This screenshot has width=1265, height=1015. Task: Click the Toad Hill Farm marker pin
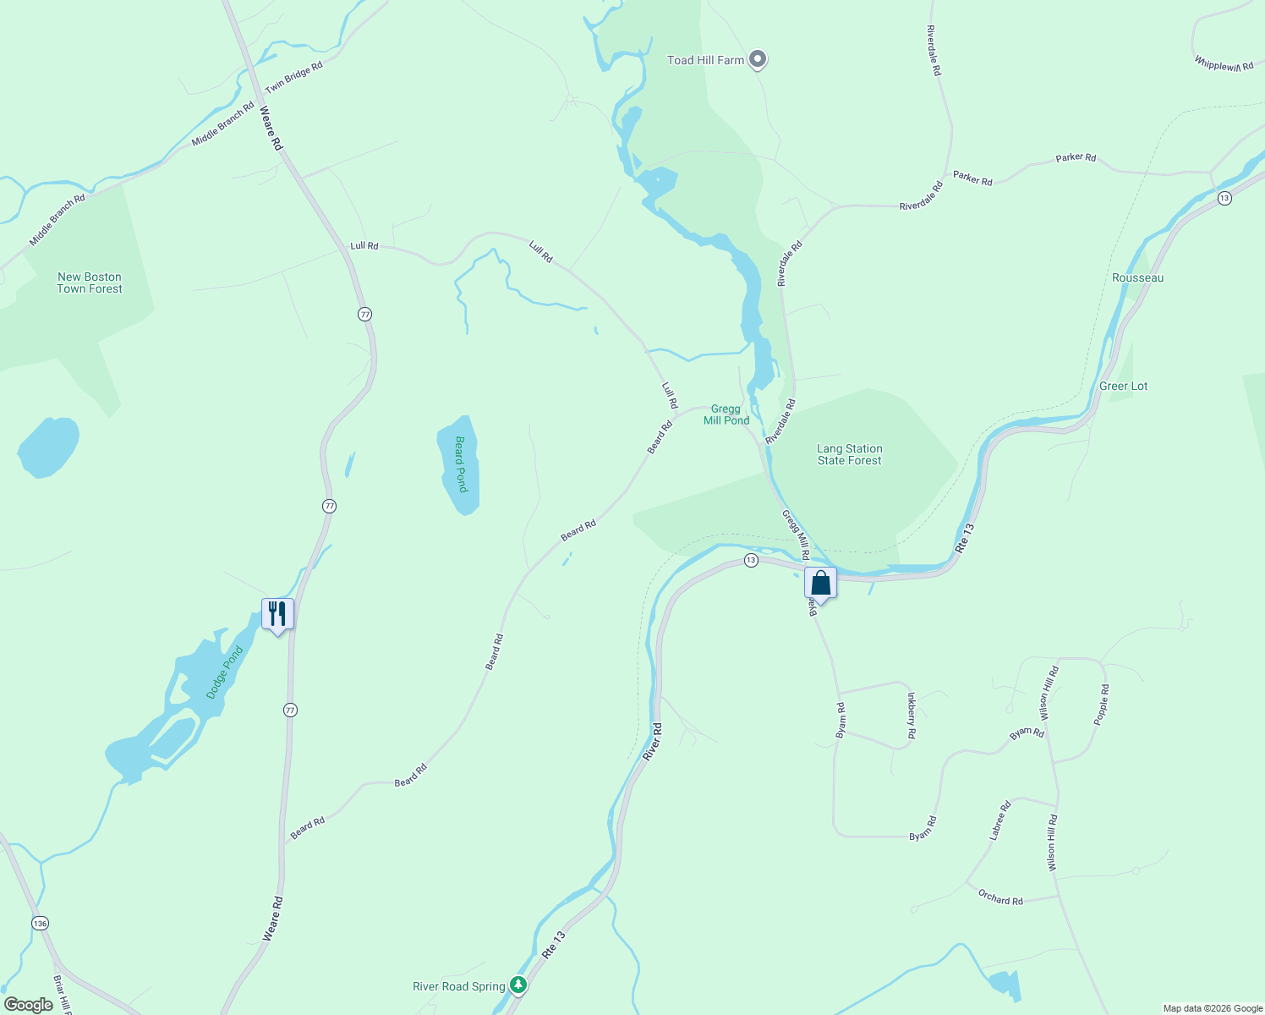tap(758, 59)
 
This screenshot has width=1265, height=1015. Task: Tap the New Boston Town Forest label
tap(90, 283)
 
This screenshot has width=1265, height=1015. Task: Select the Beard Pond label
tap(461, 464)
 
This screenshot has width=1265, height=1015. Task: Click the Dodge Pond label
tap(224, 672)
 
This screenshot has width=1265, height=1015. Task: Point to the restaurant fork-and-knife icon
tap(277, 612)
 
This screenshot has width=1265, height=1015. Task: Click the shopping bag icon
tap(820, 583)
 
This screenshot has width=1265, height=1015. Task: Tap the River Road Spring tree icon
tap(518, 985)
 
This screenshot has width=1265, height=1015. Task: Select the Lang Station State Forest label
tap(849, 454)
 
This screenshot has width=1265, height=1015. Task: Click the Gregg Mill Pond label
tap(726, 414)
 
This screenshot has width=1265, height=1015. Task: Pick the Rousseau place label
tap(1137, 277)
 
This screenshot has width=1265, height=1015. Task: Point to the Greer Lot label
tap(1123, 386)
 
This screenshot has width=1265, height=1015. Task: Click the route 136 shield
tap(40, 923)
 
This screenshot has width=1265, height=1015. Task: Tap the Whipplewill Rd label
tap(1224, 63)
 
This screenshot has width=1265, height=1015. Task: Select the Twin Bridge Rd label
tap(293, 78)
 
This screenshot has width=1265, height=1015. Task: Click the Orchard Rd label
tap(1000, 897)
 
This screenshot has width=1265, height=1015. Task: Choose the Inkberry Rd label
tap(911, 716)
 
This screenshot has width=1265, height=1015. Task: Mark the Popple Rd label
tap(1101, 705)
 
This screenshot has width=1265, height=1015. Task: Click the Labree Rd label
tap(999, 820)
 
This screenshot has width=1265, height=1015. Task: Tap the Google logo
tap(29, 1004)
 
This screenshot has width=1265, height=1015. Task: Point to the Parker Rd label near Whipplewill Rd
tap(1076, 157)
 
